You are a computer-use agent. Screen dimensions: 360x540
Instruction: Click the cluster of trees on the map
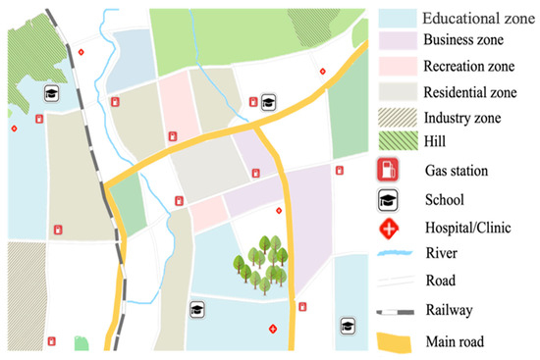pyautogui.click(x=261, y=263)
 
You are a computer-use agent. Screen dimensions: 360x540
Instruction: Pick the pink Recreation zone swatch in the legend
pyautogui.click(x=396, y=68)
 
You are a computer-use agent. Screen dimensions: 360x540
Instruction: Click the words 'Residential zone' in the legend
pyautogui.click(x=469, y=93)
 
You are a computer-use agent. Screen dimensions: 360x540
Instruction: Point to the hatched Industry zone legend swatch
pyautogui.click(x=396, y=118)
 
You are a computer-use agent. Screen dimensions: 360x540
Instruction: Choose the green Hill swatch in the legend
pyautogui.click(x=396, y=143)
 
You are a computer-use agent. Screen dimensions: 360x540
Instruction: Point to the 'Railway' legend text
pyautogui.click(x=450, y=310)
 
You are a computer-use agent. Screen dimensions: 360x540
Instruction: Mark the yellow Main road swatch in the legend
pyautogui.click(x=396, y=340)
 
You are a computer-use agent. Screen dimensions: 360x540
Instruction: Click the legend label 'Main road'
pyautogui.click(x=458, y=341)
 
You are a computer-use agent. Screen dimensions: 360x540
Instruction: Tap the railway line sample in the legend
pyautogui.click(x=396, y=311)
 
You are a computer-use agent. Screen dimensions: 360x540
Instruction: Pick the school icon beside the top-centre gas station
pyautogui.click(x=268, y=101)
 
